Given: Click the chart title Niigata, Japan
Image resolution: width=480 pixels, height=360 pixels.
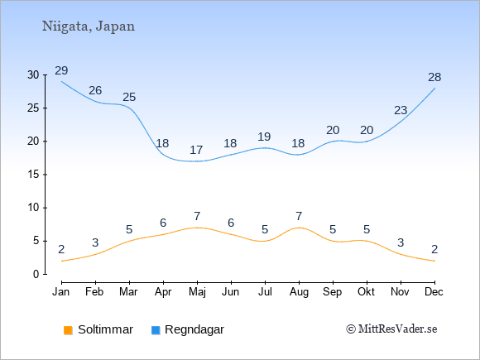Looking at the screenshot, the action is (x=89, y=26).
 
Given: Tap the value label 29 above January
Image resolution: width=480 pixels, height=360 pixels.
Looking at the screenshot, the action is (x=61, y=70).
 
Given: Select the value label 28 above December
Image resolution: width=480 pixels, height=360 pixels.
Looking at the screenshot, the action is (x=434, y=78).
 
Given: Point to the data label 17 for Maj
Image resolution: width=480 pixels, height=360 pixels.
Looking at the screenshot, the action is (x=196, y=151).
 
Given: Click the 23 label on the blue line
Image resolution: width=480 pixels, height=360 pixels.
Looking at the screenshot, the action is (x=401, y=110).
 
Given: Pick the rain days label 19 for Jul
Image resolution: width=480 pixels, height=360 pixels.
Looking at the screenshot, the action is (x=264, y=137).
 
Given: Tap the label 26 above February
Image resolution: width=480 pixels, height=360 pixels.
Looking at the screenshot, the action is (x=95, y=90).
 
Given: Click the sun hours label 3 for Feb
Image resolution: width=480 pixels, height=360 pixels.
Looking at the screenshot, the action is (x=95, y=242).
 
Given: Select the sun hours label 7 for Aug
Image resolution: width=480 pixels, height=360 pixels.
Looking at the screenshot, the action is (x=299, y=217).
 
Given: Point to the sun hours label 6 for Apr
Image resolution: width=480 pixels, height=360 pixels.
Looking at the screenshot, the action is (x=163, y=223).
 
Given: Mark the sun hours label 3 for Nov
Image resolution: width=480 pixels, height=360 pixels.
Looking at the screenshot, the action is (x=401, y=242).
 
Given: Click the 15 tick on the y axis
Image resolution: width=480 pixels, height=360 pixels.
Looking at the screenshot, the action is (x=33, y=175).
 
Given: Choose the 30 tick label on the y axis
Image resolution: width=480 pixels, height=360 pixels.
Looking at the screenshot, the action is (x=33, y=74).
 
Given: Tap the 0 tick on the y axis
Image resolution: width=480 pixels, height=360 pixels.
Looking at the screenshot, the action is (x=36, y=274).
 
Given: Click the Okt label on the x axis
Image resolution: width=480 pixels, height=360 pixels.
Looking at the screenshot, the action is (x=366, y=292).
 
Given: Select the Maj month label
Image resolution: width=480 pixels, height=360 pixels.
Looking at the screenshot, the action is (x=197, y=292).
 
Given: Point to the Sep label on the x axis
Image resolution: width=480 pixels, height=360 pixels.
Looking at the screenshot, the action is (x=333, y=292).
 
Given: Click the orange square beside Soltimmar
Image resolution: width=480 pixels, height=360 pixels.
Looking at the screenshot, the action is (x=68, y=330).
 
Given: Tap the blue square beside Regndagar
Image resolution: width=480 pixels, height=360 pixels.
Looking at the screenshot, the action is (x=156, y=330).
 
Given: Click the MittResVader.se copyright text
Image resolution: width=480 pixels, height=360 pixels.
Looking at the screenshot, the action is (x=391, y=329).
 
